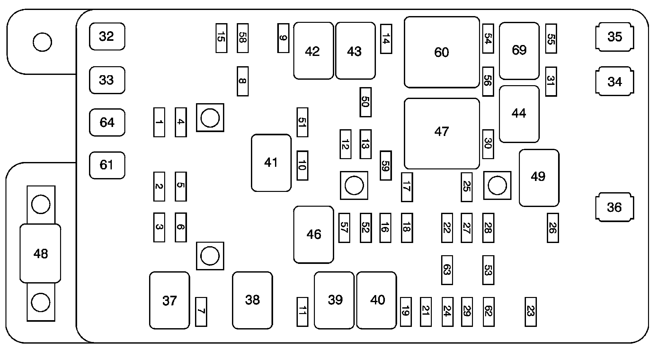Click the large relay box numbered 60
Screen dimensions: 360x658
pos(442,52)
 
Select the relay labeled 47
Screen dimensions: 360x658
pos(442,133)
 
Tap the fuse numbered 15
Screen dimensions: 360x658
pos(221,38)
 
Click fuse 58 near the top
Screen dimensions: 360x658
pos(243,38)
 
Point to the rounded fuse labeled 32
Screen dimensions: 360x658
pos(107,36)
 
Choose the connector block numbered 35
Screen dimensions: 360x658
pos(615,37)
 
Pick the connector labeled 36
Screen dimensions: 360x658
pos(615,207)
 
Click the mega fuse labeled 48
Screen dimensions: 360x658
pos(40,254)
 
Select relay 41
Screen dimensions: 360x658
pos(271,163)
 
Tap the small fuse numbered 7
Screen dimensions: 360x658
pos(201,311)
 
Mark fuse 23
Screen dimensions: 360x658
pos(530,311)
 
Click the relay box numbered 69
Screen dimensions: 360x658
pos(519,50)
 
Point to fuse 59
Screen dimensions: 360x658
pos(386,166)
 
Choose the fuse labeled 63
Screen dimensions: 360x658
pos(447,270)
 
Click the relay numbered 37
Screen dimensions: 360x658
pos(169,300)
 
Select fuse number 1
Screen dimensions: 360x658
pos(159,122)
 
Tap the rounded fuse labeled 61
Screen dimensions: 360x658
pos(107,165)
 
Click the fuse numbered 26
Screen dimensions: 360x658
pos(553,228)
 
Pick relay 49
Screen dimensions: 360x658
pos(539,177)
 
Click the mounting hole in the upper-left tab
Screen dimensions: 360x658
pos(42,42)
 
